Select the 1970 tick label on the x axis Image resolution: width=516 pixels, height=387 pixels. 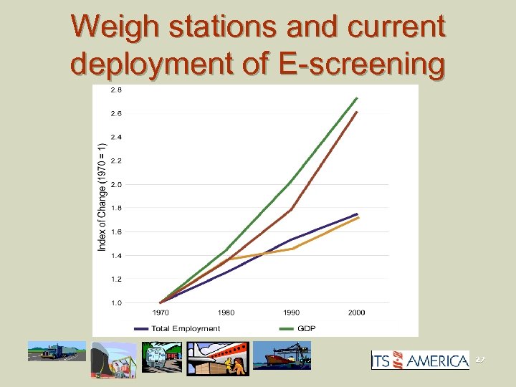coord(160,313)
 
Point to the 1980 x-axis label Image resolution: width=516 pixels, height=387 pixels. coord(226,313)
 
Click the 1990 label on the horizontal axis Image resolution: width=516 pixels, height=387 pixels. coord(292,313)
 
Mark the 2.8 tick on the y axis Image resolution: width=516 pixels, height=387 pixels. coord(115,90)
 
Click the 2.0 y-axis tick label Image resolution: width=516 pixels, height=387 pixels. coord(115,184)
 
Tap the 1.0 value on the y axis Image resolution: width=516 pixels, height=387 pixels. coord(115,302)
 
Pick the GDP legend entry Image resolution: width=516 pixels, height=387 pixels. coord(307,329)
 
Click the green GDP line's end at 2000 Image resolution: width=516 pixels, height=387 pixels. coord(358,97)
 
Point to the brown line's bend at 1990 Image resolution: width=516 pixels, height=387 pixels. coord(292,209)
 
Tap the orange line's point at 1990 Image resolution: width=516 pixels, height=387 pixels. coord(292,249)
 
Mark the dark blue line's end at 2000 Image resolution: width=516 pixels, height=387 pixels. coord(358,214)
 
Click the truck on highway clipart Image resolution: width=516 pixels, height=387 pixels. coord(56,352)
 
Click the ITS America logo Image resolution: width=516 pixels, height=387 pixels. coord(419,360)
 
